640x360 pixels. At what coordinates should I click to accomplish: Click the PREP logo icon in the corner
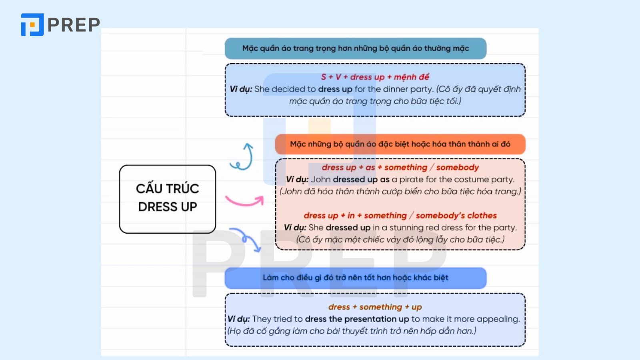point(32,24)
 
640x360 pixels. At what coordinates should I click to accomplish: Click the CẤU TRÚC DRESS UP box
point(168,199)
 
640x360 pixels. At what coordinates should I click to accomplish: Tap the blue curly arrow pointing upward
point(243,157)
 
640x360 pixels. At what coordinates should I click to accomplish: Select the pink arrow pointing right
point(245,200)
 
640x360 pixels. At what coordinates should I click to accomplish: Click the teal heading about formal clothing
point(356,48)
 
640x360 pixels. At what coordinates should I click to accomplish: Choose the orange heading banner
point(400,144)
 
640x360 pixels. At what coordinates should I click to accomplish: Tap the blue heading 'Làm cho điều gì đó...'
point(356,278)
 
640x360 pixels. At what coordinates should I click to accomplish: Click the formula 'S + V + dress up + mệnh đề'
point(375,77)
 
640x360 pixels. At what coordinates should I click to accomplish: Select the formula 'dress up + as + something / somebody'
point(400,168)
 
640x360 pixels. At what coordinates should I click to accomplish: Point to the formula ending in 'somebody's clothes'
point(400,216)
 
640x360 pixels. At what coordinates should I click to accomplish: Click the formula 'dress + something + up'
point(375,307)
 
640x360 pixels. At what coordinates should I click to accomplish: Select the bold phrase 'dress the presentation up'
point(357,319)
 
